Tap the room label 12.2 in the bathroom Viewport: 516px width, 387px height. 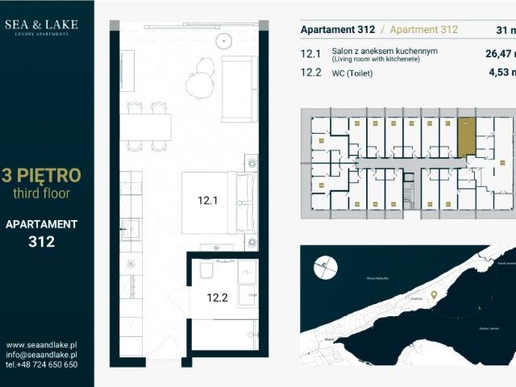[217, 298]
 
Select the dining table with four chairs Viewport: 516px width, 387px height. [146, 127]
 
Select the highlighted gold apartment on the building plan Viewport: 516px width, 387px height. [466, 136]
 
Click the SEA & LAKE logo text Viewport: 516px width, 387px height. [41, 25]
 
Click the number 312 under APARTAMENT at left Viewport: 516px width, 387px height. [41, 241]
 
